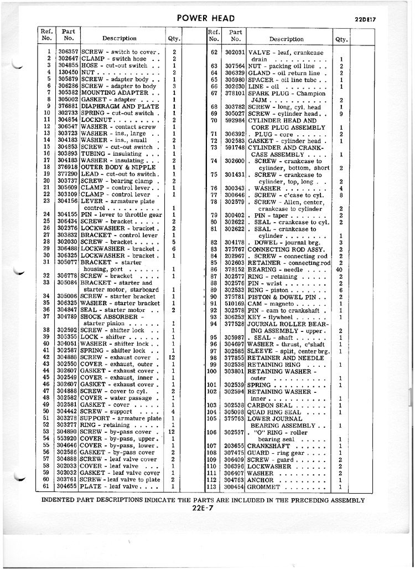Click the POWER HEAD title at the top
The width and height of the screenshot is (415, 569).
pos(206,18)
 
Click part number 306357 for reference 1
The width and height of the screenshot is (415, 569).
pos(68,52)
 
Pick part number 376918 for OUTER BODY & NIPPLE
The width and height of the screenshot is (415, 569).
pos(68,167)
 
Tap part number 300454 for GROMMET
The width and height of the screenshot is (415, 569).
pos(235,487)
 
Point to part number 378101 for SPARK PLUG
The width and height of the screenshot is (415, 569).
pos(235,93)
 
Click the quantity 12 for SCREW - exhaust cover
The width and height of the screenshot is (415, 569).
pos(173,357)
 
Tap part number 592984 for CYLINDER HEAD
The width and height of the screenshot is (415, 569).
pos(235,120)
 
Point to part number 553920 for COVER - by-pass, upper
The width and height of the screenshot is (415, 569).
pos(68,438)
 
